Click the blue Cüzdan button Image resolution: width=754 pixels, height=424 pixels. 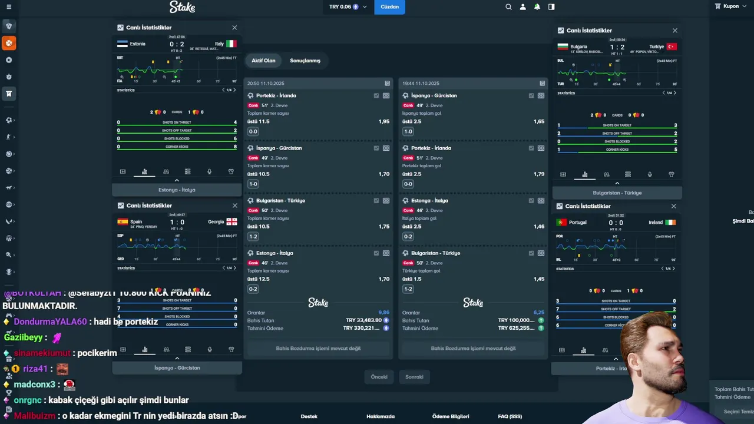[389, 7]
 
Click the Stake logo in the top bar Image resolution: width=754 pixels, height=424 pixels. [182, 7]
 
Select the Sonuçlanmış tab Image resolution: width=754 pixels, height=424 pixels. [305, 61]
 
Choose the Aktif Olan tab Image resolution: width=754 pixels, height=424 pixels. [263, 61]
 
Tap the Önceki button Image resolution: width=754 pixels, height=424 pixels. [379, 377]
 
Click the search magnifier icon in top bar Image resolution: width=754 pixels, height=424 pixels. [508, 7]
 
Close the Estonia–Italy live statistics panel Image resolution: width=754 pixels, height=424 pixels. [234, 28]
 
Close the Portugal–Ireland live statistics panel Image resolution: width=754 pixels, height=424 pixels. [674, 206]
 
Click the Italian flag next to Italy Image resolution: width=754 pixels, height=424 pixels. [232, 44]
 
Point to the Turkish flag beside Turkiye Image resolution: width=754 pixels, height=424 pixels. [672, 47]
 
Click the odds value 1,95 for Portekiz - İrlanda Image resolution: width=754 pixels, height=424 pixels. [383, 121]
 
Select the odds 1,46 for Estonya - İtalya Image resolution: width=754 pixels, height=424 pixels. [538, 227]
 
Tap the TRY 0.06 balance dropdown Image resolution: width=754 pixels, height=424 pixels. [348, 7]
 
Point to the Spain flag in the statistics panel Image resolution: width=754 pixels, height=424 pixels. [123, 222]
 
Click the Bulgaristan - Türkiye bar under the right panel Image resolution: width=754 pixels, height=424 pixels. [617, 193]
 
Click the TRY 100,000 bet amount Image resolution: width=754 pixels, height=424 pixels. [517, 320]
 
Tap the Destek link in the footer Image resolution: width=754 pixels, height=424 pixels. [309, 416]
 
